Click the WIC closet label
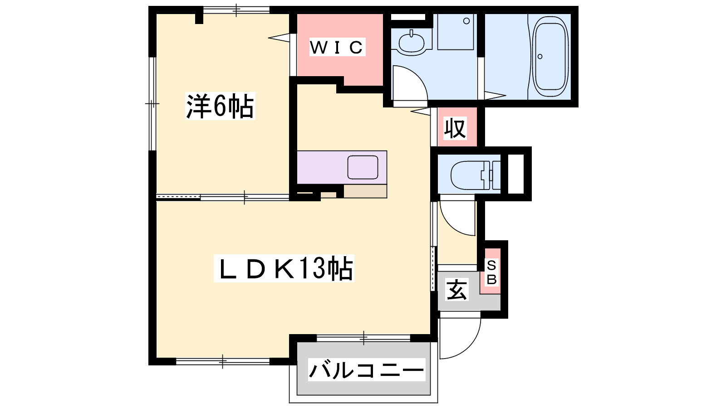tap(337, 47)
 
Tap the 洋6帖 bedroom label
tap(220, 106)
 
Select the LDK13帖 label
tap(284, 268)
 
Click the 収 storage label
tap(455, 128)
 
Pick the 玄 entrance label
tap(457, 290)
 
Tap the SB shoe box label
tap(492, 272)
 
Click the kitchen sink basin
tap(363, 167)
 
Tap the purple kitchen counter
tap(342, 167)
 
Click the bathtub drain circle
tap(540, 57)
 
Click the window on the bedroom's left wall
tap(152, 104)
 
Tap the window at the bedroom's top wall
tap(236, 10)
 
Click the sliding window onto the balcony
tap(363, 338)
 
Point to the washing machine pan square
tap(456, 32)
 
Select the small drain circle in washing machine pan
tap(466, 21)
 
